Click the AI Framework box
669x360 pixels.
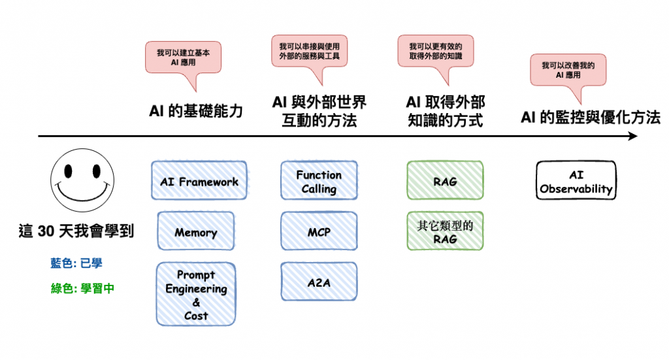[x=199, y=180]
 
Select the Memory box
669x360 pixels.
[x=196, y=231]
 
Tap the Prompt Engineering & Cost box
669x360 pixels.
[x=196, y=294]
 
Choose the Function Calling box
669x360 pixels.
[x=319, y=180]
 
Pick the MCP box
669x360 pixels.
[x=319, y=231]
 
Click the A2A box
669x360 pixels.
[x=319, y=282]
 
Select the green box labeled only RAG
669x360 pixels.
[x=445, y=180]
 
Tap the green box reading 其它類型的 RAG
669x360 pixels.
[x=445, y=231]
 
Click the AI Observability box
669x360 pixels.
[x=576, y=180]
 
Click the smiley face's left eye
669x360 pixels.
[x=68, y=171]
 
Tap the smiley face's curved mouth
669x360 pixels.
[x=83, y=193]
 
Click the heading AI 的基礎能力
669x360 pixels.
[x=196, y=111]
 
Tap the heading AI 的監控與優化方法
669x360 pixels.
[x=591, y=118]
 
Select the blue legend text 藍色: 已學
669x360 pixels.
[x=76, y=263]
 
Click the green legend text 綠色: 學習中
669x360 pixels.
[x=82, y=288]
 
